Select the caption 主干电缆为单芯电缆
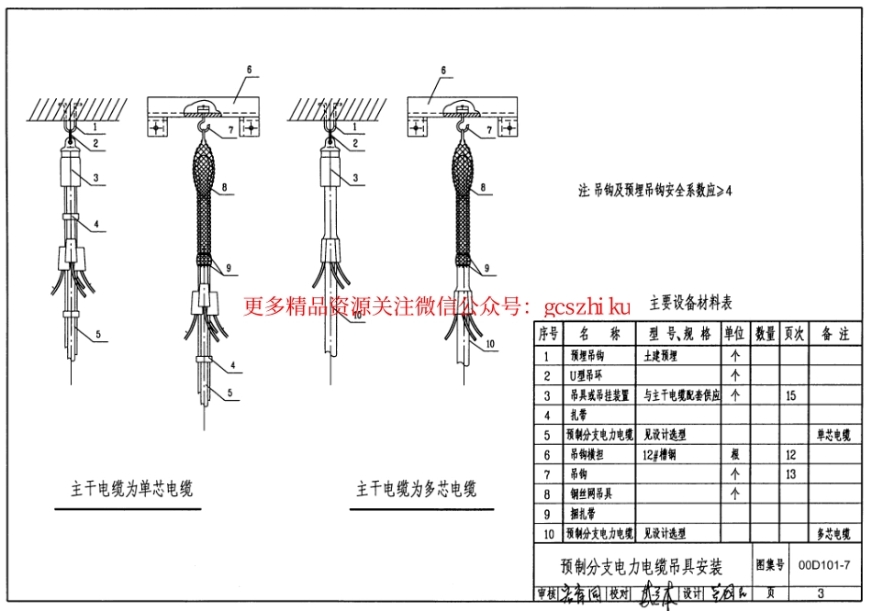(x=132, y=488)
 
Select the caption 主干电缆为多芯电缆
(x=417, y=488)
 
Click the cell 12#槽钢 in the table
(x=660, y=454)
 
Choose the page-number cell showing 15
(x=792, y=395)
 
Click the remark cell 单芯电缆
(x=833, y=435)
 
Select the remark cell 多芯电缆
(x=833, y=533)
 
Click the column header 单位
(x=734, y=334)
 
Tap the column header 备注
(x=833, y=334)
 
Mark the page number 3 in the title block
(x=820, y=594)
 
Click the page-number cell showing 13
(x=792, y=474)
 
